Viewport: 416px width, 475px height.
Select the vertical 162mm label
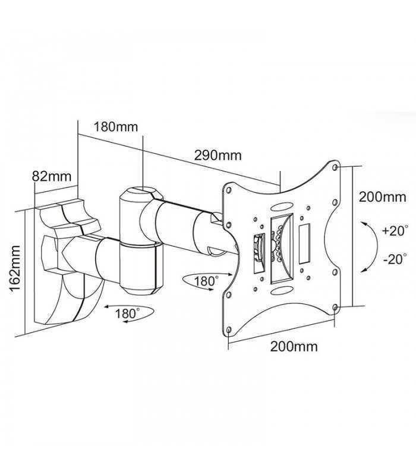[13, 266]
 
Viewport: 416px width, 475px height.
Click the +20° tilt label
[394, 230]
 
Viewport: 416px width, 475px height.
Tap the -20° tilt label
[394, 259]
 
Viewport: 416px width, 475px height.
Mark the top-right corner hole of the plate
[336, 167]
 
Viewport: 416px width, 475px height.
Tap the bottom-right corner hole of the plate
[336, 306]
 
